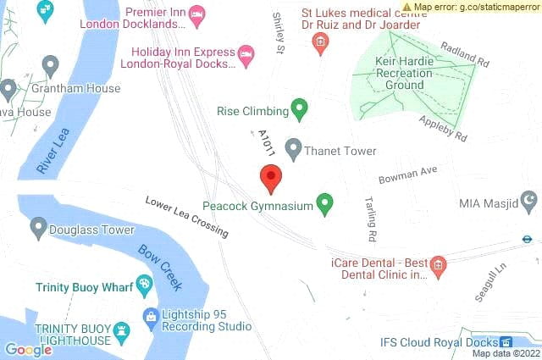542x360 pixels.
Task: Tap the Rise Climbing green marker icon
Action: coord(298,108)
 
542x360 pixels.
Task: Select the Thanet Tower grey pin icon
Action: coord(293,149)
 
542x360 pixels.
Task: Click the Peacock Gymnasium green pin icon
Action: coord(324,203)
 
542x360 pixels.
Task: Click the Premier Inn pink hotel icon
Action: coord(196,13)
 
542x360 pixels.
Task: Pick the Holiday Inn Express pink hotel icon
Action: coord(246,53)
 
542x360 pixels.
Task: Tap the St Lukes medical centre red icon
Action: coord(320,42)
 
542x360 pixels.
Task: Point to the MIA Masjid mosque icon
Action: coord(529,202)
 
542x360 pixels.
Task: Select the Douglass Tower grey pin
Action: coord(38,228)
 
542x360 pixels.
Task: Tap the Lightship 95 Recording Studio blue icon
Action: coord(151,318)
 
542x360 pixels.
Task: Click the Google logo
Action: coord(28,349)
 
